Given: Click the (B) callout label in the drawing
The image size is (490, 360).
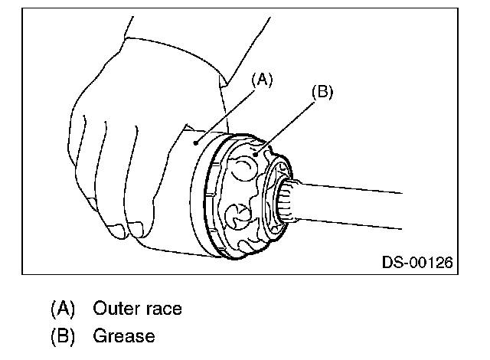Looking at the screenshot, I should tap(322, 93).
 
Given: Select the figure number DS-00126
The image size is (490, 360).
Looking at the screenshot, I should tap(417, 263).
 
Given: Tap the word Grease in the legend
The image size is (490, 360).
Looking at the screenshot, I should tap(123, 335).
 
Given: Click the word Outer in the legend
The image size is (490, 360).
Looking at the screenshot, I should tap(116, 309).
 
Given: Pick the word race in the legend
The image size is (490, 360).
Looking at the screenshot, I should tap(163, 309).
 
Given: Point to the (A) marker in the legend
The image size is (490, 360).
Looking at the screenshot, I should tap(63, 309).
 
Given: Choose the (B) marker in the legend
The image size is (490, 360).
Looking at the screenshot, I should tap(63, 335).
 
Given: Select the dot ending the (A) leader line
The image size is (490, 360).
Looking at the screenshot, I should tap(198, 142).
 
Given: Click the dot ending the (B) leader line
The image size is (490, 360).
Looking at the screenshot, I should tap(265, 143).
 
